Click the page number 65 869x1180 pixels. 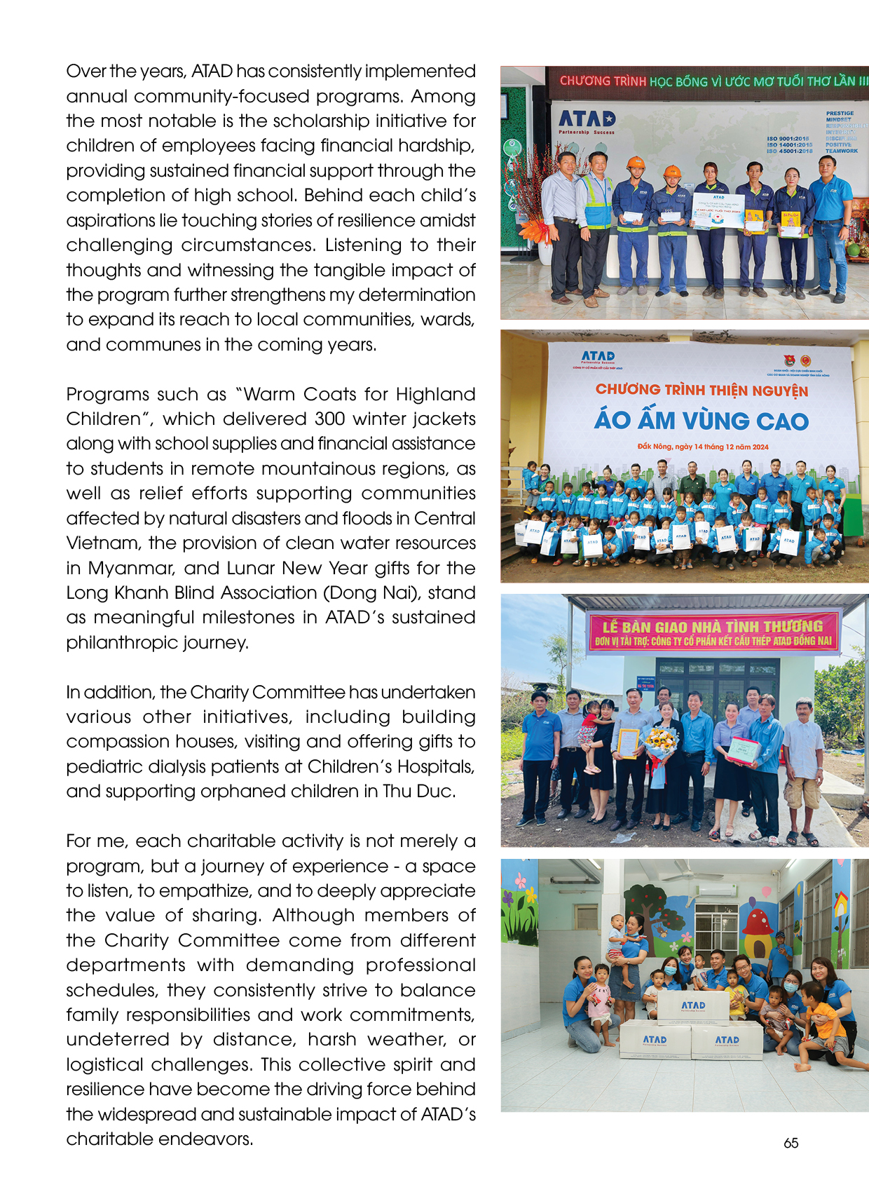click(791, 1143)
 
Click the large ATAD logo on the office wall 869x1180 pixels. click(587, 119)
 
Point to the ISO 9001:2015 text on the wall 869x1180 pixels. click(788, 139)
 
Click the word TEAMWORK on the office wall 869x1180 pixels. click(841, 151)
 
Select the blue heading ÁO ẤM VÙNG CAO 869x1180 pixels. click(701, 420)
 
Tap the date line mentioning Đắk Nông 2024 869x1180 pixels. click(702, 447)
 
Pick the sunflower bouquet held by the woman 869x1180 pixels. click(661, 740)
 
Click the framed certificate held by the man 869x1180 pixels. click(629, 743)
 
